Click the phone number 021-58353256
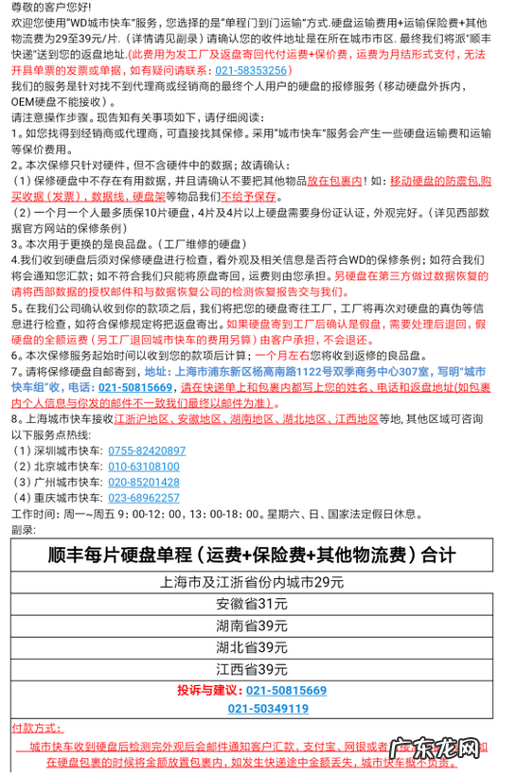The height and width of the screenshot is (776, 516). (241, 70)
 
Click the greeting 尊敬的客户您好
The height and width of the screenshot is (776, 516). (51, 8)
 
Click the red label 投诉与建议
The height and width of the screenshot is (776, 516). (209, 691)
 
